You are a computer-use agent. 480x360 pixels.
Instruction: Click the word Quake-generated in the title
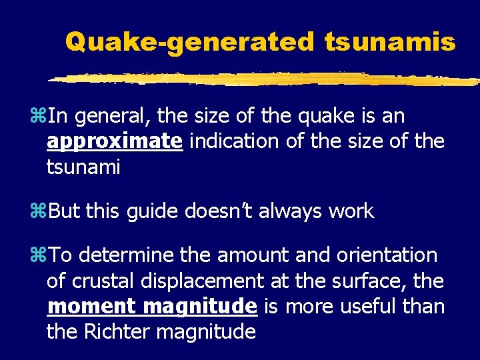[x=189, y=43]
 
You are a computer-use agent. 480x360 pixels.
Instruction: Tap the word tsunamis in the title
[x=391, y=43]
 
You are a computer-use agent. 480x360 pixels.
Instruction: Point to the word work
[x=356, y=212]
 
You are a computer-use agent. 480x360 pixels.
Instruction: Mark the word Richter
[x=118, y=331]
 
